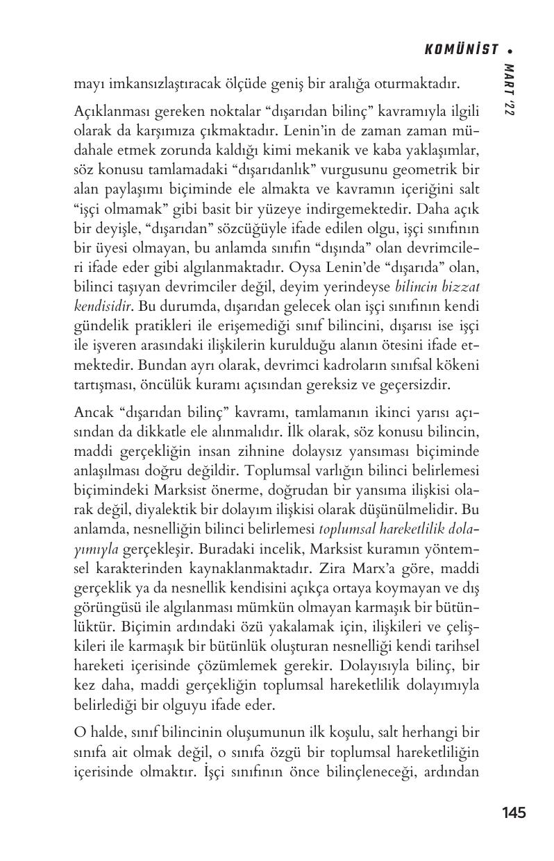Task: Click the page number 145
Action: pyautogui.click(x=513, y=812)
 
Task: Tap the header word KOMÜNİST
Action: pyautogui.click(x=462, y=49)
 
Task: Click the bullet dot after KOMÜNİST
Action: pyautogui.click(x=510, y=50)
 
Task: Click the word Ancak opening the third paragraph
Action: pyautogui.click(x=92, y=412)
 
